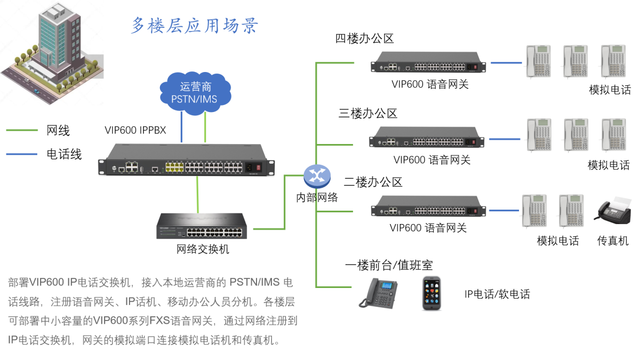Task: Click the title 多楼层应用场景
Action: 195,25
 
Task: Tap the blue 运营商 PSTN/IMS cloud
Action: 195,93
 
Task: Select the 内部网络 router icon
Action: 317,177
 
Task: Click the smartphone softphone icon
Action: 431,293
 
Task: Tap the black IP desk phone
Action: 380,293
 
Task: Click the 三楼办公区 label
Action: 368,113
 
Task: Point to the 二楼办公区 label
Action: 373,182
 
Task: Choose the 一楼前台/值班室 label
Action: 388,265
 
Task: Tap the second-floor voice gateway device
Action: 429,208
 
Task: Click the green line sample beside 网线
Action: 22,130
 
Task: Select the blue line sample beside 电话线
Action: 22,154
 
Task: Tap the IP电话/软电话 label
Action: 497,294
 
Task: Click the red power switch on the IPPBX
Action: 260,167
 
